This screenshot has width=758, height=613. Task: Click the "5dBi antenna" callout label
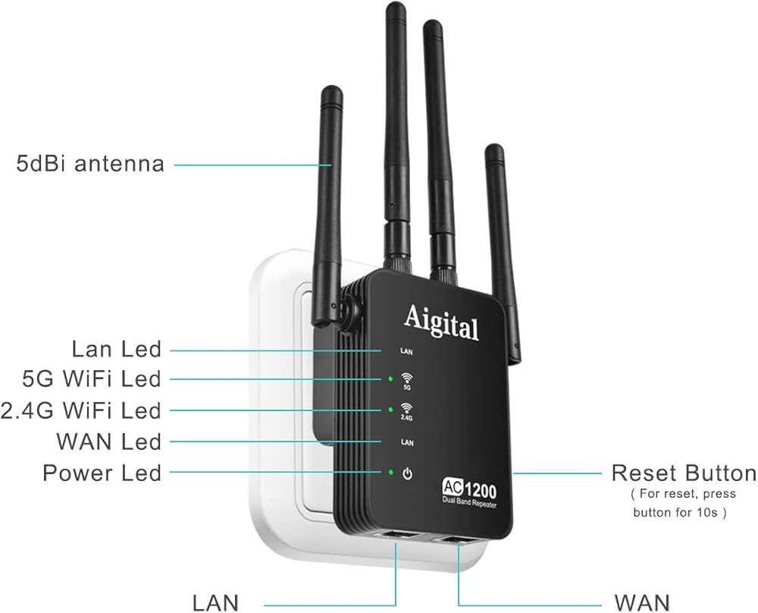(x=90, y=163)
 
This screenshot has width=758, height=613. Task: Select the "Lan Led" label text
(x=117, y=349)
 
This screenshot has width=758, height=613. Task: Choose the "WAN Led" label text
(x=109, y=442)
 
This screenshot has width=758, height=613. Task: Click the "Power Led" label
(x=102, y=473)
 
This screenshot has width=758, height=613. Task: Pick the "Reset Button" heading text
(x=684, y=473)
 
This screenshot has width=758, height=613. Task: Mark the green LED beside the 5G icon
(x=390, y=378)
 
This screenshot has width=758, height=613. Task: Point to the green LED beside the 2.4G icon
(x=390, y=410)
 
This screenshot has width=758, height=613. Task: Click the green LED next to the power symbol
(x=390, y=473)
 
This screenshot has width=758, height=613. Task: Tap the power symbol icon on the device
(x=408, y=473)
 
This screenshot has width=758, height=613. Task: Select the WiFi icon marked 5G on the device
(x=407, y=379)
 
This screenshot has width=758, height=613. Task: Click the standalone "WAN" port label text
(x=641, y=603)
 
